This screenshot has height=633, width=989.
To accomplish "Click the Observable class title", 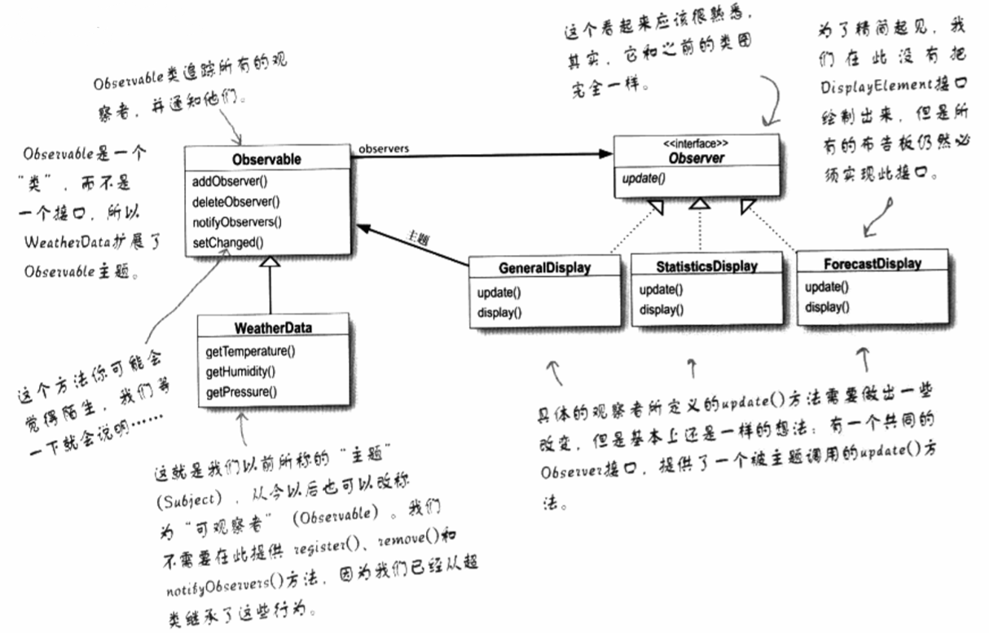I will [x=266, y=160].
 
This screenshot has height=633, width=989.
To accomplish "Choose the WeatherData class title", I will [x=273, y=328].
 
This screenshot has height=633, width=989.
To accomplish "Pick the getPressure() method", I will [x=241, y=392].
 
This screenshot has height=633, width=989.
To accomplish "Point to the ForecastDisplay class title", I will [x=872, y=263].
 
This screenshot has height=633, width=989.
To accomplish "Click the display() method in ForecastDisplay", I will [x=827, y=307].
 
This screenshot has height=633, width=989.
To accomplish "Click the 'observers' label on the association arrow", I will [x=383, y=148].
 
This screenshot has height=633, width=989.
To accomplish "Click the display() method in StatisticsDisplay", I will [x=662, y=310].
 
